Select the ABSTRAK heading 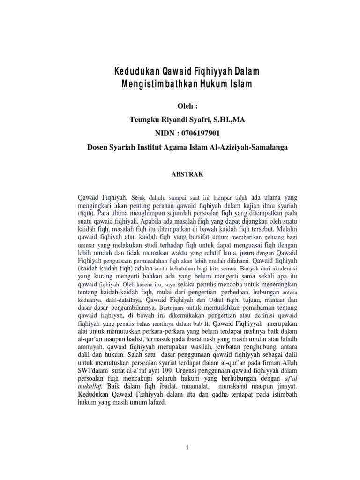187,173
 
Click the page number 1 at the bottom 187,448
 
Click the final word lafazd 157,402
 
